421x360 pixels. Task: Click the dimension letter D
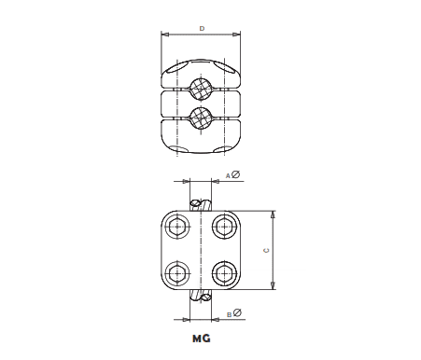click(202, 30)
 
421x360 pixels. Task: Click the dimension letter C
click(266, 250)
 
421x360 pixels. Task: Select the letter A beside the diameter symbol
click(227, 175)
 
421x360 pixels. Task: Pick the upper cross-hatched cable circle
click(199, 90)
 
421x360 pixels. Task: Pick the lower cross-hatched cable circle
click(199, 118)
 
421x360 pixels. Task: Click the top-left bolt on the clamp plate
click(176, 225)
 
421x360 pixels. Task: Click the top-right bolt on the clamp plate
click(223, 225)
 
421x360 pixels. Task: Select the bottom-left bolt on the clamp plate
click(176, 272)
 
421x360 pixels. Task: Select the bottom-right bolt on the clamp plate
click(223, 272)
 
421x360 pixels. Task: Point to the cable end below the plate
click(200, 297)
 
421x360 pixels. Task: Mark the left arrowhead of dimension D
click(165, 35)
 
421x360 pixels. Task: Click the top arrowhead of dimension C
click(274, 212)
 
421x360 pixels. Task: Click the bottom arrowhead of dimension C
click(274, 287)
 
